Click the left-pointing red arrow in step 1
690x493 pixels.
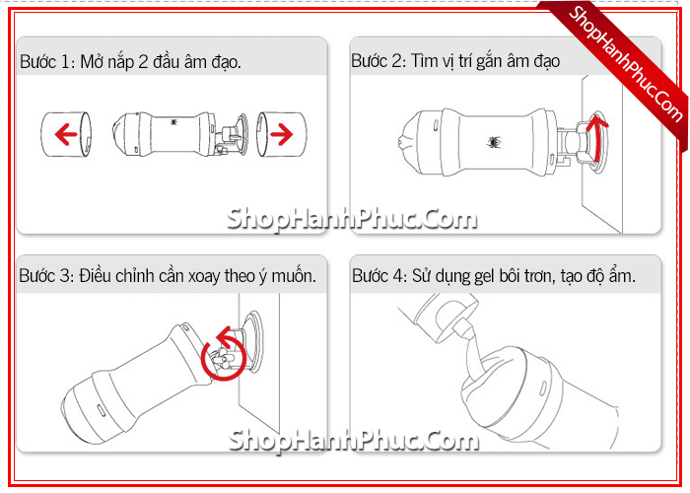pyautogui.click(x=66, y=134)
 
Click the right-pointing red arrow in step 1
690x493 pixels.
pyautogui.click(x=282, y=134)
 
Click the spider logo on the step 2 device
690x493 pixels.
pyautogui.click(x=495, y=142)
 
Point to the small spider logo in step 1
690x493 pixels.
pyautogui.click(x=174, y=121)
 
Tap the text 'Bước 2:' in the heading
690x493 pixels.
pyautogui.click(x=379, y=61)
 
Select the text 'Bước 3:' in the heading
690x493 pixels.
pyautogui.click(x=46, y=276)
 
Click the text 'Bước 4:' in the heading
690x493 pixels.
pyautogui.click(x=380, y=276)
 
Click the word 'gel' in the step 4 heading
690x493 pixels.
pyautogui.click(x=484, y=277)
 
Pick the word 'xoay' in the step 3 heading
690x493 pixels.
pyautogui.click(x=204, y=277)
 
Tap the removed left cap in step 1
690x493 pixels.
pyautogui.click(x=66, y=134)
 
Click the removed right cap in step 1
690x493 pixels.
pyautogui.click(x=281, y=134)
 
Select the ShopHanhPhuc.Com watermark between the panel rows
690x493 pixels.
pyautogui.click(x=352, y=219)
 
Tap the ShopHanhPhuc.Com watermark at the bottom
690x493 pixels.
pyautogui.click(x=353, y=440)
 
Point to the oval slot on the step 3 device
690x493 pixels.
pyautogui.click(x=101, y=411)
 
